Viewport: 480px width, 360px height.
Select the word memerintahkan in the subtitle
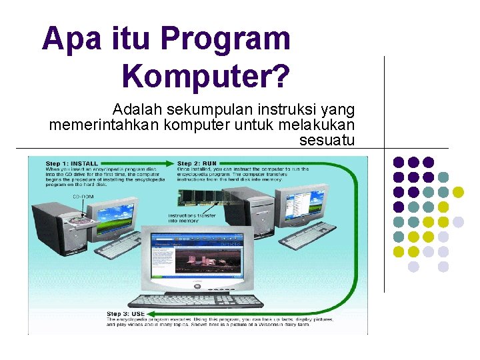105,125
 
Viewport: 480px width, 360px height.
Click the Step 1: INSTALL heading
72,163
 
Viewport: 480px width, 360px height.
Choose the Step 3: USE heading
127,313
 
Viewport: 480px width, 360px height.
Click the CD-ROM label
83,197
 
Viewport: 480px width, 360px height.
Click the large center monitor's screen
195,256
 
